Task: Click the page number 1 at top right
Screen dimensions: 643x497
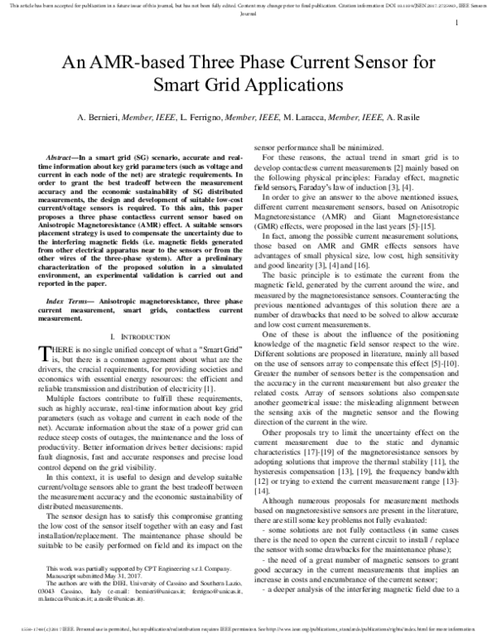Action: tap(457, 23)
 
